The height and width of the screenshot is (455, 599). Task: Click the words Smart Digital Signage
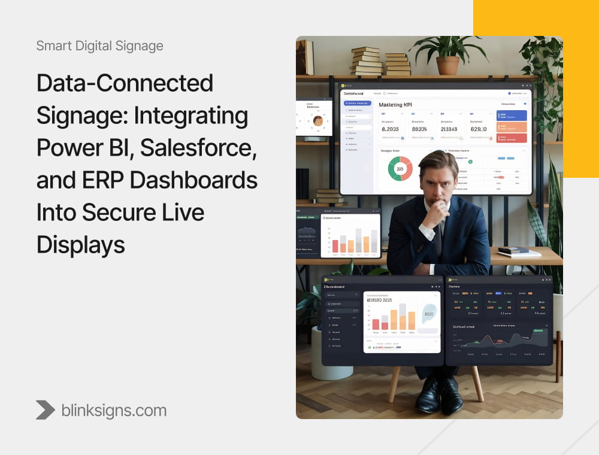pyautogui.click(x=99, y=45)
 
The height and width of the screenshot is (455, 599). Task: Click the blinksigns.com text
pyautogui.click(x=114, y=410)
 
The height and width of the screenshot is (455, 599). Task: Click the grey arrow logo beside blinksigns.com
pyautogui.click(x=46, y=410)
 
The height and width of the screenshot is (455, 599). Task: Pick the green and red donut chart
pyautogui.click(x=400, y=169)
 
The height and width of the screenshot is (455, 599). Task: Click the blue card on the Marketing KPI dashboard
pyautogui.click(x=512, y=115)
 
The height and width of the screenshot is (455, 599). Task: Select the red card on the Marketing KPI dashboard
pyautogui.click(x=512, y=138)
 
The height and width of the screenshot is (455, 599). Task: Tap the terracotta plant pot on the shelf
pyautogui.click(x=447, y=64)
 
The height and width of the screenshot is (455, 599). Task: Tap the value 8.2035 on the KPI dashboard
pyautogui.click(x=391, y=129)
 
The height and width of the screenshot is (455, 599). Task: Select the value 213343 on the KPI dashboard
pyautogui.click(x=449, y=129)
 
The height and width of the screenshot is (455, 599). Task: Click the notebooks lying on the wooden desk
pyautogui.click(x=519, y=251)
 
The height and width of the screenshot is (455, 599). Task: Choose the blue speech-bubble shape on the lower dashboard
pyautogui.click(x=429, y=314)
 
